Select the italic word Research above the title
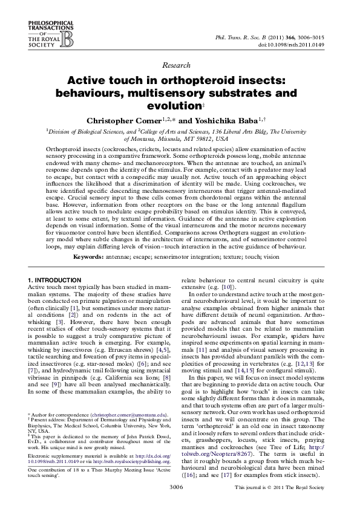point(180,65)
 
